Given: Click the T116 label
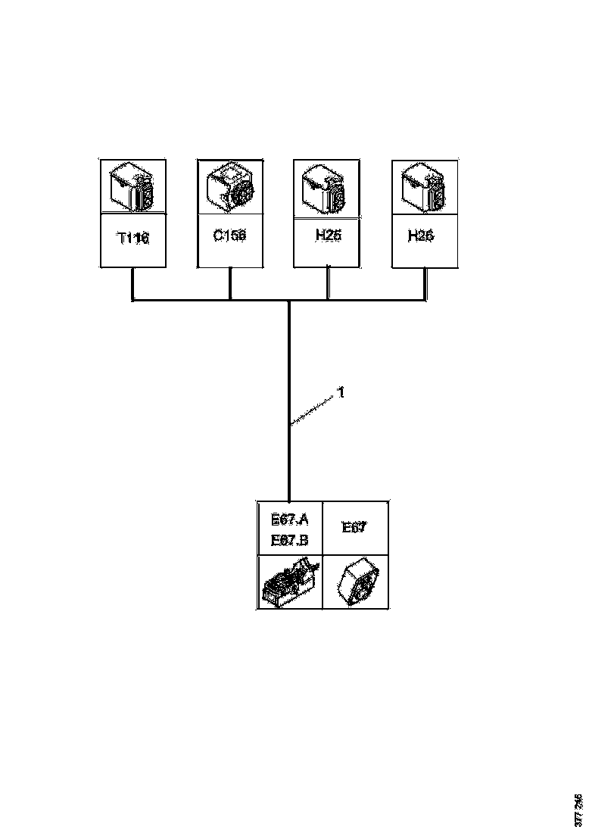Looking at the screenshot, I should point(133,239).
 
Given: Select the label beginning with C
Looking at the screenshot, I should point(229,236).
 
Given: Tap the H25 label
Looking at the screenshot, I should point(328,236).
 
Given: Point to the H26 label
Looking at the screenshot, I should point(421,236).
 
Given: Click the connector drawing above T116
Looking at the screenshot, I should point(133,188).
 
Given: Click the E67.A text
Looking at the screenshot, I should point(290,519).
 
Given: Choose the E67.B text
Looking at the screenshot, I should point(290,541).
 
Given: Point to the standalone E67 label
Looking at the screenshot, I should point(354,528).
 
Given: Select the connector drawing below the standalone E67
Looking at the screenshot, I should point(355,582).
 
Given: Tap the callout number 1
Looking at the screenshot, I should point(341,393).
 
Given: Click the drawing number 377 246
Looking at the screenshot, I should point(578,810).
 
